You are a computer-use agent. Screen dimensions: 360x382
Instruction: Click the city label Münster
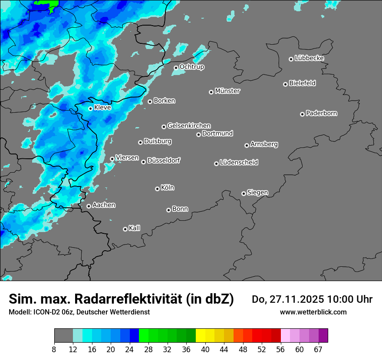click(x=227, y=91)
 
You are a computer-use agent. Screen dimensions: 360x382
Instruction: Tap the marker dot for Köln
click(x=157, y=189)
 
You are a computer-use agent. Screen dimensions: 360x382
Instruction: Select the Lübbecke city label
click(x=309, y=58)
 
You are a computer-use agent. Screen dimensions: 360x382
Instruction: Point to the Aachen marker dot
click(x=89, y=206)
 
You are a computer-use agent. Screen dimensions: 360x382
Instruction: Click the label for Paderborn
click(x=321, y=113)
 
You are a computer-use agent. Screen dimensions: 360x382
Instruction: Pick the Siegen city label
click(x=257, y=193)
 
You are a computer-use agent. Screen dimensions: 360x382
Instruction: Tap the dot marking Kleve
click(x=90, y=108)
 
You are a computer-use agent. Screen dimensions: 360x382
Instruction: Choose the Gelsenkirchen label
click(x=189, y=126)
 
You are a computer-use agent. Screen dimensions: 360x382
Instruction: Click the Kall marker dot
click(x=125, y=229)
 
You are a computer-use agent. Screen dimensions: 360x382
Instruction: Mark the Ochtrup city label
click(x=191, y=67)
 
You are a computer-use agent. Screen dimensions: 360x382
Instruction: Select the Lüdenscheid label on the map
click(x=239, y=163)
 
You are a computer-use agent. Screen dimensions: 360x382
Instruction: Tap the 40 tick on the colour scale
click(x=205, y=349)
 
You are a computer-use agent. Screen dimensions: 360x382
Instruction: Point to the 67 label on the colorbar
click(x=318, y=349)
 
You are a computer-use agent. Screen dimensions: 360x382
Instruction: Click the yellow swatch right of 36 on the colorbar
click(x=201, y=336)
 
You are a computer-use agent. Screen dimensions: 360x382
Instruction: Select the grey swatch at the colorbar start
click(x=63, y=336)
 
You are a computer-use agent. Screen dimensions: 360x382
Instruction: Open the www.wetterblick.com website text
click(x=313, y=312)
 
